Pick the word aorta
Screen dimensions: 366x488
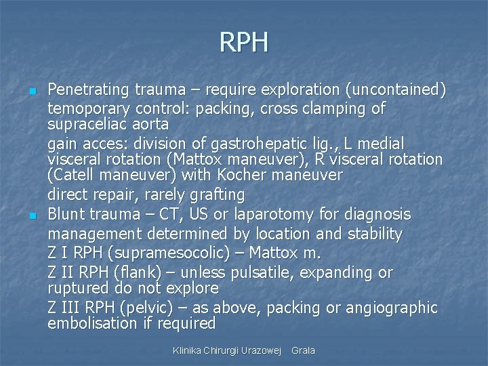pos(150,125)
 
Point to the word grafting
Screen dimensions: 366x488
pos(212,195)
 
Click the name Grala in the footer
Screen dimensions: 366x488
pos(303,350)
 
